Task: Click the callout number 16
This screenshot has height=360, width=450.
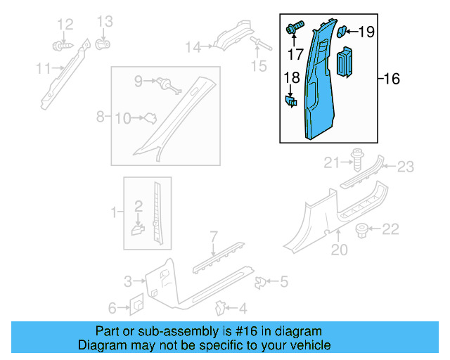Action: point(391,79)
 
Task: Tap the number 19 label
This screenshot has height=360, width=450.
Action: point(366,32)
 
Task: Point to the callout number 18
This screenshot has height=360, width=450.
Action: point(291,78)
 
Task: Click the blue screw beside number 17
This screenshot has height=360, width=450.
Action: point(294,29)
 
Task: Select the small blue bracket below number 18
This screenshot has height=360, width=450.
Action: point(290,101)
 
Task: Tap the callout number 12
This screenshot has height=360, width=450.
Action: point(65,25)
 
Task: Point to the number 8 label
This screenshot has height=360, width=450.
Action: point(101,115)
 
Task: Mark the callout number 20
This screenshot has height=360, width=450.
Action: point(340,248)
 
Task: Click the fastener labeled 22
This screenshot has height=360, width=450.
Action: point(364,229)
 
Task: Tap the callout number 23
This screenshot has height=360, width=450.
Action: point(406,166)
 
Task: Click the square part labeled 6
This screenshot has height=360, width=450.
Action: point(136,306)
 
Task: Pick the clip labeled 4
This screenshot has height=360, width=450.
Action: point(221,307)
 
